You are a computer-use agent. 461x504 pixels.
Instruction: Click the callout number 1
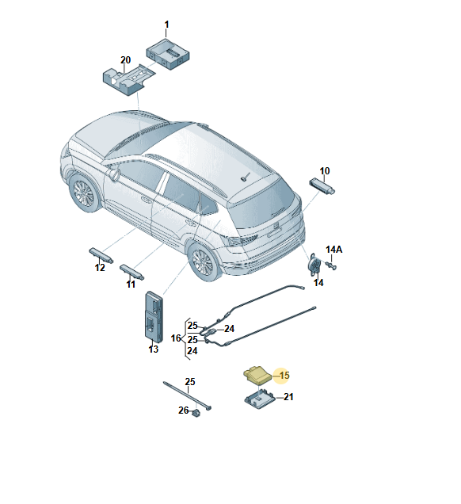166,25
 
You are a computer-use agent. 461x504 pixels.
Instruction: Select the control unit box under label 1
168,54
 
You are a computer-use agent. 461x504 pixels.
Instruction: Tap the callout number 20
126,60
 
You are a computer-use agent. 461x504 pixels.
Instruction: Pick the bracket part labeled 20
128,79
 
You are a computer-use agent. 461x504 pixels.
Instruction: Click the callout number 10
325,171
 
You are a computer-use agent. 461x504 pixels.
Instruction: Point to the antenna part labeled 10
322,185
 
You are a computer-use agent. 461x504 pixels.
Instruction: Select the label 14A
333,250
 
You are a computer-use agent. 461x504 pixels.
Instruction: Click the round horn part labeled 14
314,264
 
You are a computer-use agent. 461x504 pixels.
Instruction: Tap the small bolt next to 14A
331,265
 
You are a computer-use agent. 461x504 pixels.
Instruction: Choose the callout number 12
100,267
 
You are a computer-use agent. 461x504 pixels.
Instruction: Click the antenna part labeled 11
131,273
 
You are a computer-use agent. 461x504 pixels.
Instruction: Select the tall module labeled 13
154,315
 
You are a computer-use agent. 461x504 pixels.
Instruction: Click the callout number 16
176,338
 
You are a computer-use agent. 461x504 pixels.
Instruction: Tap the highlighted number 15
284,376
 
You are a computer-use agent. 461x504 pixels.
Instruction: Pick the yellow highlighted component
257,376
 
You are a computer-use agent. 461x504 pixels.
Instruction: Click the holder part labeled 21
260,399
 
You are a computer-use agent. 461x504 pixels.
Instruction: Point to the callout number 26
184,410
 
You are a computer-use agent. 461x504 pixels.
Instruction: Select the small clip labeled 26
196,413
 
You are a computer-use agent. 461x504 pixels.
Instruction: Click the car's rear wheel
204,262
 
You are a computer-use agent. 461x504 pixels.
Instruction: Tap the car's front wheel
84,193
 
